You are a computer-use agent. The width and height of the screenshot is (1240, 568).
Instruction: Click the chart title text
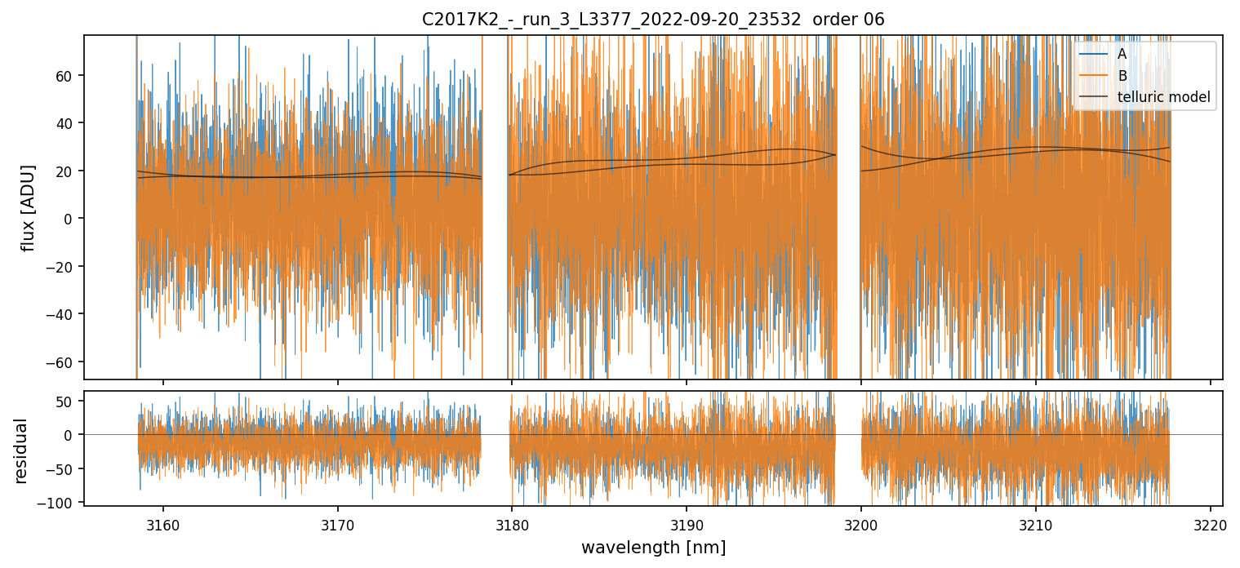point(652,20)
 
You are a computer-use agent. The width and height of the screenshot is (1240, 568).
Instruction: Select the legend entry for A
point(1122,54)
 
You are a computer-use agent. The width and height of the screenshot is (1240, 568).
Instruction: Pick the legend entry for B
point(1122,76)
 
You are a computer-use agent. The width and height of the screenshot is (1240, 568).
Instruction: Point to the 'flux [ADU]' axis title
point(29,207)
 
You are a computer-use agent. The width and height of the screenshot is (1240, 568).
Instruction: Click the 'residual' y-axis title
point(21,450)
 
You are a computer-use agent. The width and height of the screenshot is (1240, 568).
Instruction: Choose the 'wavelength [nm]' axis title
point(653,547)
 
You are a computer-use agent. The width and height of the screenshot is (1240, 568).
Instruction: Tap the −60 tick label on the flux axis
point(62,362)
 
